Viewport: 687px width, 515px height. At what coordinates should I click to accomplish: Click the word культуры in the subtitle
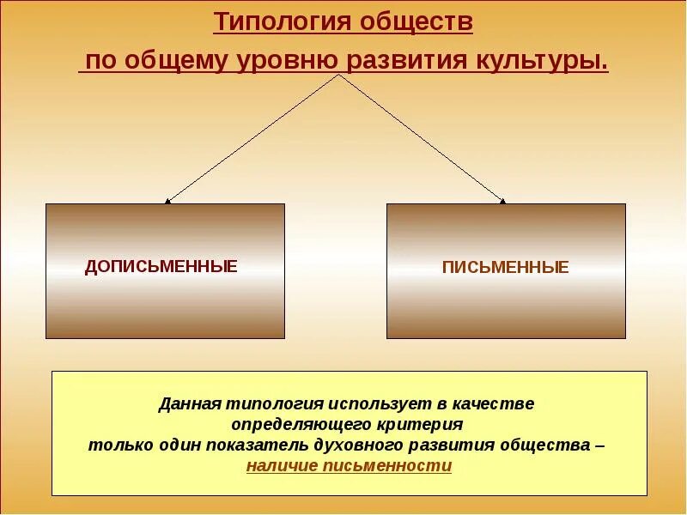(548, 62)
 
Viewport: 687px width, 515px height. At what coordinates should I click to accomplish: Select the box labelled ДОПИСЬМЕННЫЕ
(165, 270)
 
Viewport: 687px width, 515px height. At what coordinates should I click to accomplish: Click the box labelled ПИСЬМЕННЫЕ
(506, 270)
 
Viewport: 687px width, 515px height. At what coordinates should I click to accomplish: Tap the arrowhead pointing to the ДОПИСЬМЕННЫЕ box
(167, 202)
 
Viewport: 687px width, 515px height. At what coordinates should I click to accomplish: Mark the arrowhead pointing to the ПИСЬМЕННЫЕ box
(503, 202)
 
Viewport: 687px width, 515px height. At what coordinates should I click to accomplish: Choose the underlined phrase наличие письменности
(349, 466)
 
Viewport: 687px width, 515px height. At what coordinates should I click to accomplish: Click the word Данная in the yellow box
(190, 403)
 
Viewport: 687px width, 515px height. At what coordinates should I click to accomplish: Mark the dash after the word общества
(599, 445)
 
